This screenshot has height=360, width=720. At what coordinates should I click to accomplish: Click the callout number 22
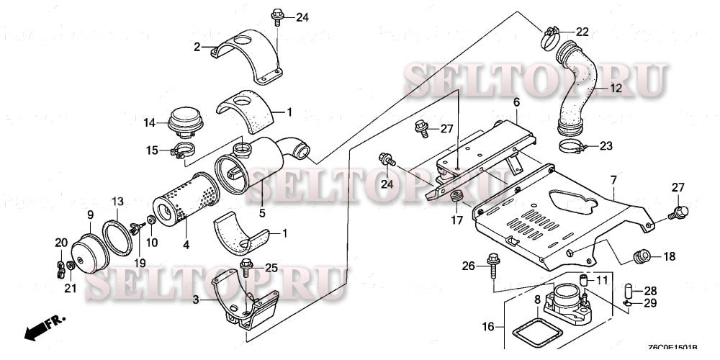[582, 31]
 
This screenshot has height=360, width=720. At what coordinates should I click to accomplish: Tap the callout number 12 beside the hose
[616, 89]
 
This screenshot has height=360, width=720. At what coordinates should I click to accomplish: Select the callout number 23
[606, 145]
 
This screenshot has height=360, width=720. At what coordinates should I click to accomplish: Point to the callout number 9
[91, 215]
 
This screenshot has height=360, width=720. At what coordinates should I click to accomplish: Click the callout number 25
[271, 268]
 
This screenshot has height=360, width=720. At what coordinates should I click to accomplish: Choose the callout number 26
[468, 266]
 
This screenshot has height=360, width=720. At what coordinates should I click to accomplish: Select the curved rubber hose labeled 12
[582, 90]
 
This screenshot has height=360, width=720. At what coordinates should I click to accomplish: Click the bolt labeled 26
[492, 264]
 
